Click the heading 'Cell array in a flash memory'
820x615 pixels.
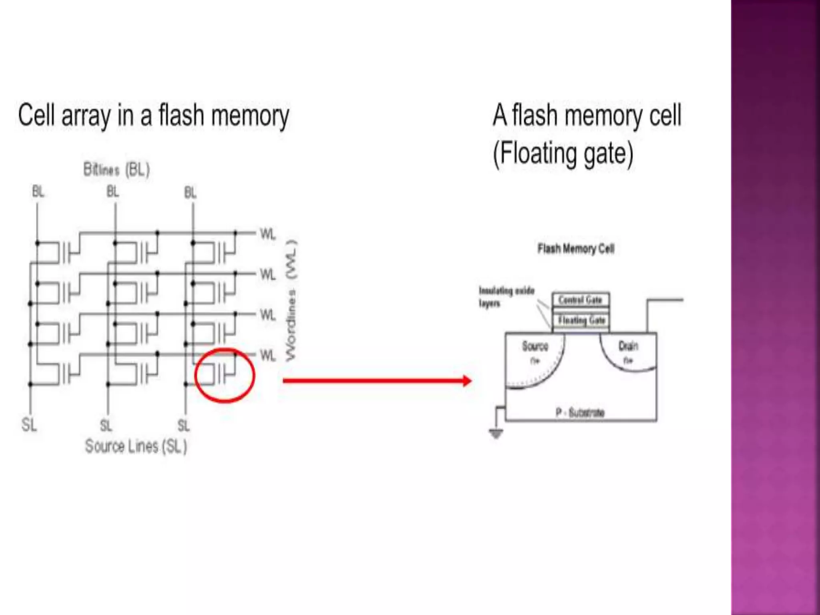[153, 116]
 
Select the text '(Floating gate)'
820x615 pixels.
[563, 154]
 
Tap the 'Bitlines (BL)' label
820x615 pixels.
[117, 169]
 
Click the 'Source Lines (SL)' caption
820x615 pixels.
[136, 446]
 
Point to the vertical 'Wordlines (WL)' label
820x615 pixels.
[292, 300]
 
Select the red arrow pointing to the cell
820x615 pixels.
[376, 380]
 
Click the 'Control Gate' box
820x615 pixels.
[581, 300]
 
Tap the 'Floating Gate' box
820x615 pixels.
[581, 320]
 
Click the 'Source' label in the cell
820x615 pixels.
[535, 346]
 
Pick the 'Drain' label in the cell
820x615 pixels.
[628, 346]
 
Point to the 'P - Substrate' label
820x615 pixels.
[580, 412]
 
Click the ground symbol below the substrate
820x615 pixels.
[496, 433]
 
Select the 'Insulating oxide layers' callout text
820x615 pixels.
[506, 297]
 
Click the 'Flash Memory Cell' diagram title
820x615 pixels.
[576, 249]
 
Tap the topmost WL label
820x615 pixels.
[268, 234]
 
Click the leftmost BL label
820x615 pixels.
[38, 192]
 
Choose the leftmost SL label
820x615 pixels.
[29, 424]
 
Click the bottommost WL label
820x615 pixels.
[268, 356]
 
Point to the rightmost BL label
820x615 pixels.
[191, 193]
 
